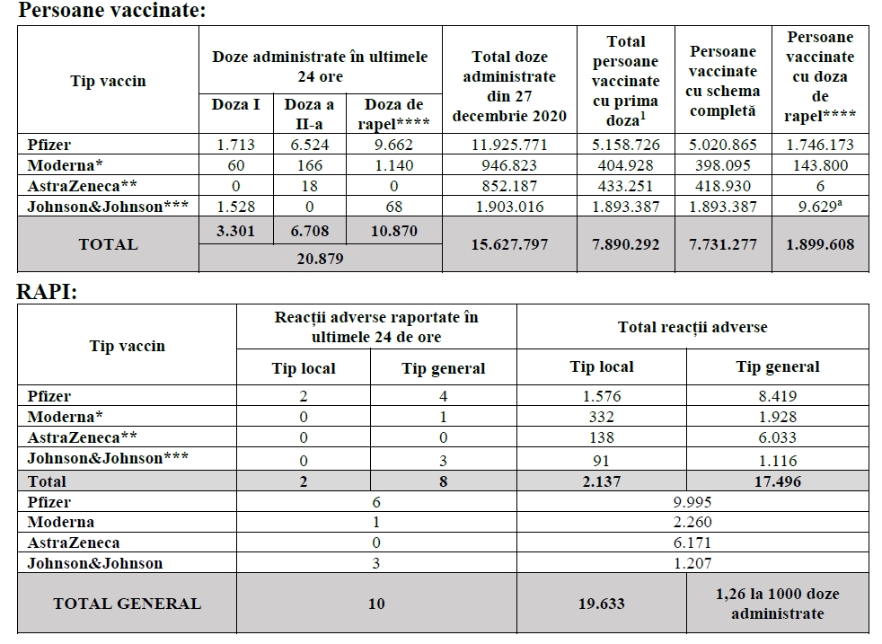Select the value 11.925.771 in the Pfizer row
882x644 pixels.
pyautogui.click(x=509, y=145)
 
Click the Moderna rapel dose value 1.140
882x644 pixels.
pyautogui.click(x=396, y=165)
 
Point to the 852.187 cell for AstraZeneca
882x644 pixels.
pyautogui.click(x=509, y=186)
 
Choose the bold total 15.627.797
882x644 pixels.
pyautogui.click(x=509, y=244)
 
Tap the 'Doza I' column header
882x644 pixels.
pyautogui.click(x=236, y=104)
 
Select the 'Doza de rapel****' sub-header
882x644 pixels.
pyautogui.click(x=396, y=114)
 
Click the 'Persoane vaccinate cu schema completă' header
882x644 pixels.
pyautogui.click(x=723, y=81)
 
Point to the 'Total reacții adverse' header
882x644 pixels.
pyautogui.click(x=692, y=327)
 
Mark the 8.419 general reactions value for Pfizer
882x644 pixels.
pyautogui.click(x=778, y=396)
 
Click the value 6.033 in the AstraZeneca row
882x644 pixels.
pyautogui.click(x=778, y=437)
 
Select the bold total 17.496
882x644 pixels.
pyautogui.click(x=778, y=481)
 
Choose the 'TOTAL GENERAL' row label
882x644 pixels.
pyautogui.click(x=127, y=604)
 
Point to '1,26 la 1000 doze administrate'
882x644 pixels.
pyautogui.click(x=778, y=604)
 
